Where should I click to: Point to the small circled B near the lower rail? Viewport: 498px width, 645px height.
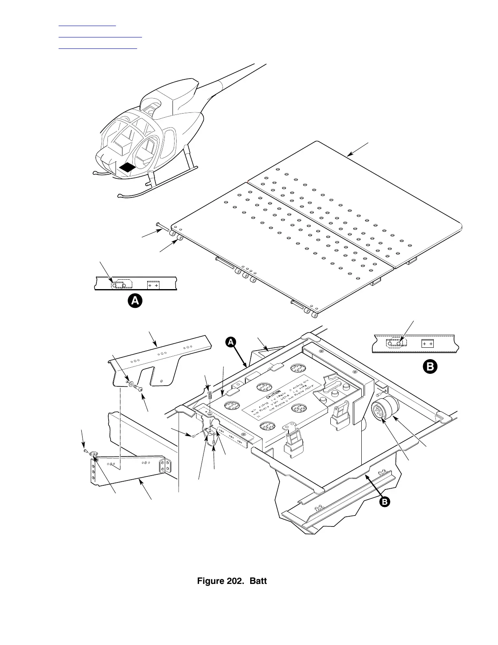tap(384, 502)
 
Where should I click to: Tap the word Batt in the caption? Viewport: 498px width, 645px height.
tap(258, 581)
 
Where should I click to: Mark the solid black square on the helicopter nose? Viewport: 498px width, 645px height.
tap(127, 167)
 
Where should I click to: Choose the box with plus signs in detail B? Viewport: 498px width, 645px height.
tap(427, 344)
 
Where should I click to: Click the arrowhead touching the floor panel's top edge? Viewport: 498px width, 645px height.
tap(349, 155)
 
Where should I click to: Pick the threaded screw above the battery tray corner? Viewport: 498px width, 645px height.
tap(210, 394)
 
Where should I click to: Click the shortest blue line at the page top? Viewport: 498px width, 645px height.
tap(87, 26)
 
